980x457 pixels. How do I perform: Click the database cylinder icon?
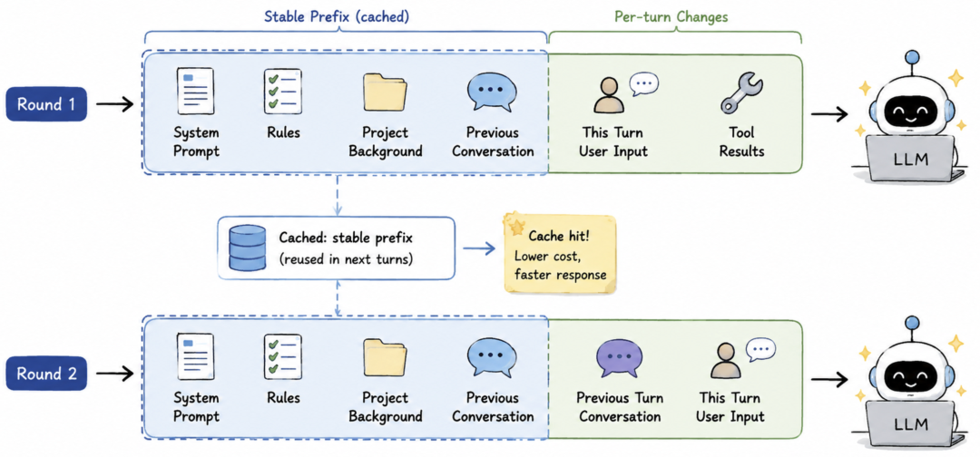(x=247, y=248)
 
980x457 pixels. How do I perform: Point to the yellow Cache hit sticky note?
(x=561, y=254)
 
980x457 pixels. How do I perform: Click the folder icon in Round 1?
(x=385, y=92)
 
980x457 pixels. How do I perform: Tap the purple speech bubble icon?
(x=620, y=358)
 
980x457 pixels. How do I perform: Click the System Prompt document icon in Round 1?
(x=196, y=92)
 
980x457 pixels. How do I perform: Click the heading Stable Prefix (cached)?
(x=337, y=17)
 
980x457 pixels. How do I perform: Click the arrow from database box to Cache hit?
(x=480, y=248)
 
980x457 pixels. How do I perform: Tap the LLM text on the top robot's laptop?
(x=911, y=159)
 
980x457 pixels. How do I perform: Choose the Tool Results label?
(x=741, y=141)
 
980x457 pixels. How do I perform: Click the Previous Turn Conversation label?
(x=620, y=407)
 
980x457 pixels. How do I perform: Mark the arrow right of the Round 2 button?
(x=115, y=374)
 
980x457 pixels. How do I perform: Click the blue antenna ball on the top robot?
(x=913, y=57)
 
